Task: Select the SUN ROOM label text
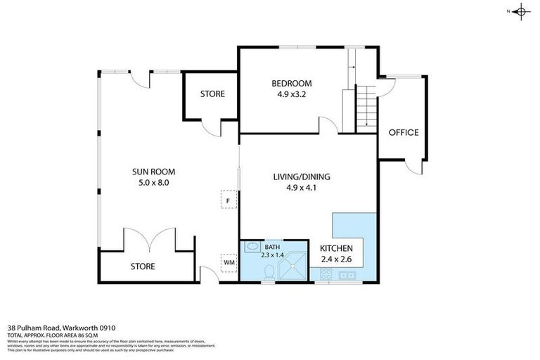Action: pyautogui.click(x=153, y=171)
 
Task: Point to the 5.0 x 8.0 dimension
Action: pyautogui.click(x=153, y=182)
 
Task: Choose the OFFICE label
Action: pyautogui.click(x=404, y=132)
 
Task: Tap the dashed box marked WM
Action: pyautogui.click(x=229, y=262)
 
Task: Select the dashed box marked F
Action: pyautogui.click(x=229, y=200)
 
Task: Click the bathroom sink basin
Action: pyautogui.click(x=250, y=247)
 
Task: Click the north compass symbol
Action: pyautogui.click(x=520, y=11)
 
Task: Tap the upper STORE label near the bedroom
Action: pyautogui.click(x=212, y=94)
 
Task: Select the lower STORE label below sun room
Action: pyautogui.click(x=143, y=266)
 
